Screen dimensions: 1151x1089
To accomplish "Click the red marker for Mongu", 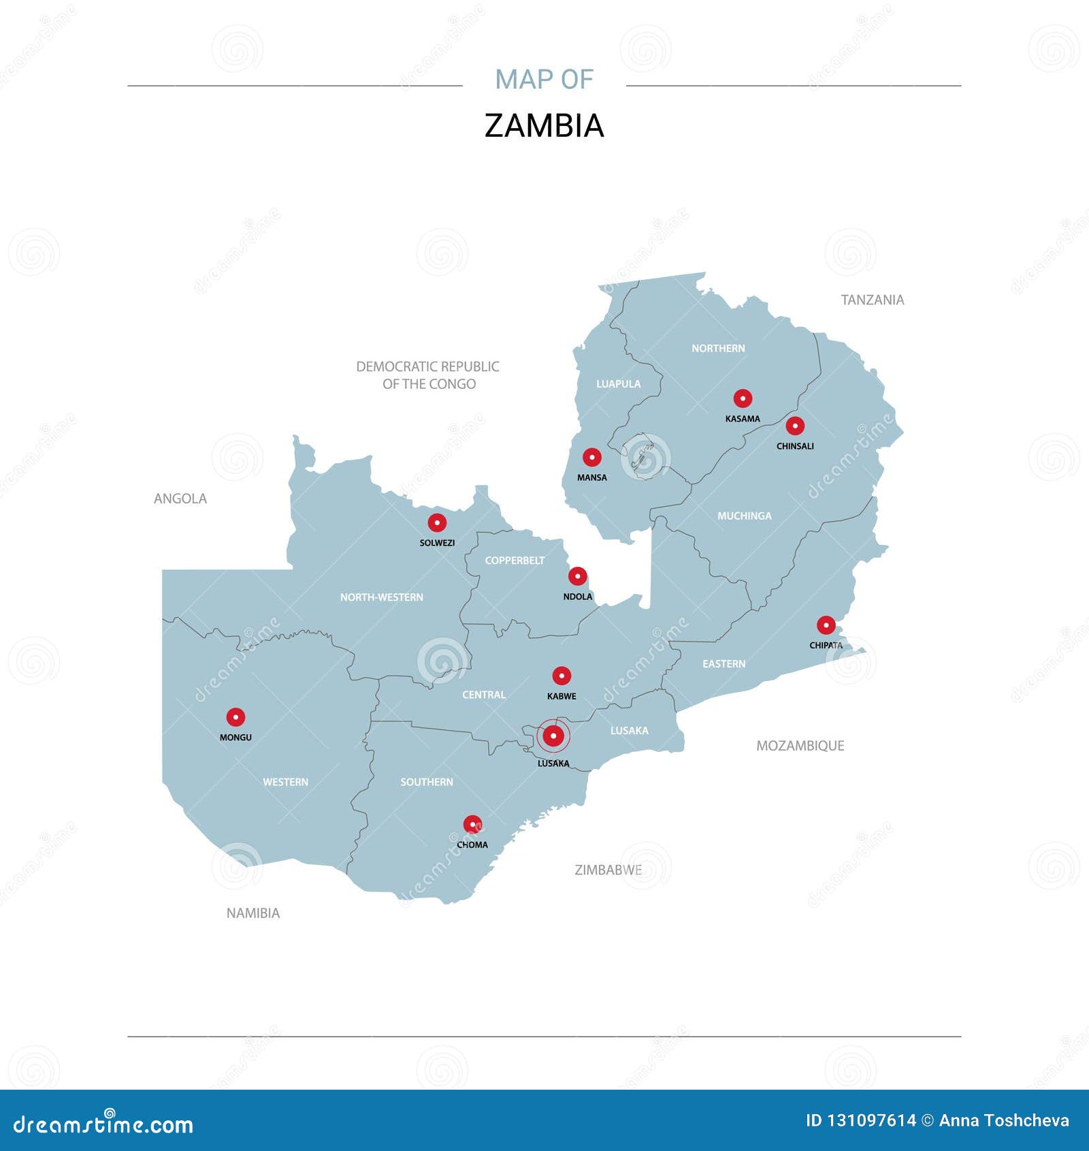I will click(235, 716).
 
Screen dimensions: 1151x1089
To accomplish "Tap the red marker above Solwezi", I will click(437, 522).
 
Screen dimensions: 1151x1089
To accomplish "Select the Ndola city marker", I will click(577, 576).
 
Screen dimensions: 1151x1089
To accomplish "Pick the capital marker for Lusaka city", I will click(553, 736).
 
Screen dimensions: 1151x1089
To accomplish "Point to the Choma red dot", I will click(472, 824).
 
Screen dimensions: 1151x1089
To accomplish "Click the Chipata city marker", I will click(826, 625).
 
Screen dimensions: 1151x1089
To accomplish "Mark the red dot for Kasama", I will click(743, 398).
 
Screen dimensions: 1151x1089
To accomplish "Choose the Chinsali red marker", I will click(795, 426).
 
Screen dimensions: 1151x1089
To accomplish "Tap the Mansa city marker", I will click(592, 457).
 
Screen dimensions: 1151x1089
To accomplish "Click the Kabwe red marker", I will click(562, 676).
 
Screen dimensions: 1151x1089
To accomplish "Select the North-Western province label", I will click(382, 597).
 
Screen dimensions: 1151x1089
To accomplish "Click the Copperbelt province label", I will click(515, 561).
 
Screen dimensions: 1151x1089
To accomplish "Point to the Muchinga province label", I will click(745, 516).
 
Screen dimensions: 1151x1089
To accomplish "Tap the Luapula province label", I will click(619, 384).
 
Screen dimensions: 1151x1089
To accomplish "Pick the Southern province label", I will click(427, 782).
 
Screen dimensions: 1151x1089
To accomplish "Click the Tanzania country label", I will click(872, 300).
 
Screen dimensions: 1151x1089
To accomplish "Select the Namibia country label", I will click(253, 913).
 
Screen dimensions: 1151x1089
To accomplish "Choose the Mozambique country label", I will click(800, 746).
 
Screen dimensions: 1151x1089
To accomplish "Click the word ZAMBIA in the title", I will click(544, 126).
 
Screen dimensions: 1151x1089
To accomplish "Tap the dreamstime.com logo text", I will click(103, 1124).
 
